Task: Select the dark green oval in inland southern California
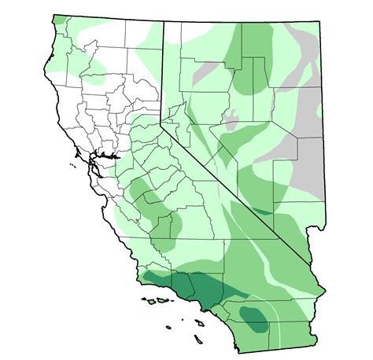(253, 318)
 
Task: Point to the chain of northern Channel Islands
(158, 300)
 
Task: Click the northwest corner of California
(54, 16)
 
